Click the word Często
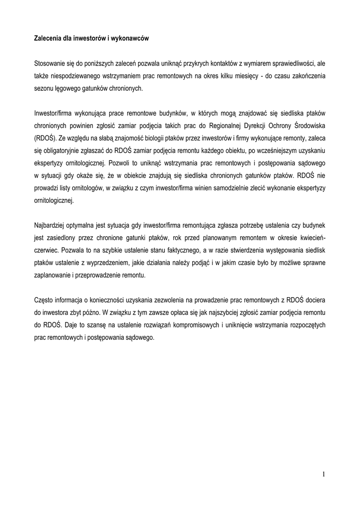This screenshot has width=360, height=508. tap(43, 300)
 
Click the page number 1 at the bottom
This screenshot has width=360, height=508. tap(323, 475)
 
